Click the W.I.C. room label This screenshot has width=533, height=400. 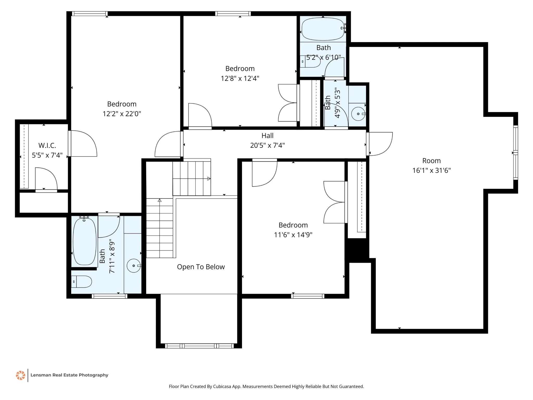click(47, 145)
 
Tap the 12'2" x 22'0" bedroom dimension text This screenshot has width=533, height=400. click(122, 114)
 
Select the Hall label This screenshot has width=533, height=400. click(268, 136)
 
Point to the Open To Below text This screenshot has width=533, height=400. click(201, 267)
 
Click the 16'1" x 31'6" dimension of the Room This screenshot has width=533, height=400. click(432, 171)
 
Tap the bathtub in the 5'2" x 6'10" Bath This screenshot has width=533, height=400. click(323, 29)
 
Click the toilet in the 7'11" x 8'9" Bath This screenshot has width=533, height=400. click(81, 282)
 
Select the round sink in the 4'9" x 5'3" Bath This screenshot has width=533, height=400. click(358, 114)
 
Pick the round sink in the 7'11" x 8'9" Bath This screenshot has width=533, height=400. click(134, 266)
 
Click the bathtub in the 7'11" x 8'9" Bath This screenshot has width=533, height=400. click(85, 241)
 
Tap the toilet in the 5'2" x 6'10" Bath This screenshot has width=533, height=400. click(310, 61)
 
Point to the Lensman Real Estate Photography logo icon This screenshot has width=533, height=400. click(21, 375)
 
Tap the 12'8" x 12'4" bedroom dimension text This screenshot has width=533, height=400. click(240, 78)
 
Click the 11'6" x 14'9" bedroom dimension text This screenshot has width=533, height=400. click(293, 235)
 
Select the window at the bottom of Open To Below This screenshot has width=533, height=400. click(199, 346)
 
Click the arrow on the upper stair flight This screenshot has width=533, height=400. click(209, 179)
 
